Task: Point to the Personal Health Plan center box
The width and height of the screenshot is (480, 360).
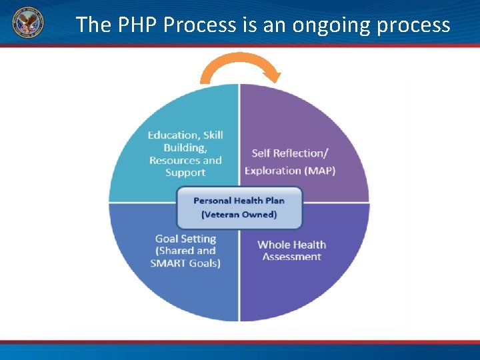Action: click(x=239, y=207)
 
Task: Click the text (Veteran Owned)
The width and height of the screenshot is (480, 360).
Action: click(x=239, y=215)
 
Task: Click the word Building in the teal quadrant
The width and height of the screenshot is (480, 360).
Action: click(x=185, y=148)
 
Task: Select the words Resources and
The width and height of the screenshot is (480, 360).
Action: click(x=185, y=160)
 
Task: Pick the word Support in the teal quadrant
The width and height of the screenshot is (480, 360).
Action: click(x=185, y=172)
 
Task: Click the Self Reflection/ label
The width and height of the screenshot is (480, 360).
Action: click(x=290, y=153)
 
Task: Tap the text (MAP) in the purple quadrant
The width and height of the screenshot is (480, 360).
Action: click(x=320, y=170)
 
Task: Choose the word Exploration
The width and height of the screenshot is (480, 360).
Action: click(x=273, y=170)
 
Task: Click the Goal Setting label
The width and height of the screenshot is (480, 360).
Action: click(x=185, y=238)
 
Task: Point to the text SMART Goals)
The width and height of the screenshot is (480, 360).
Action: click(x=185, y=262)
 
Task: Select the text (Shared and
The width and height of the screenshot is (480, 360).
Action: click(x=185, y=250)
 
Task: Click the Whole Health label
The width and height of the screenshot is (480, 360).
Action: click(x=291, y=245)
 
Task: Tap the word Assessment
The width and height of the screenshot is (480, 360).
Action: click(x=291, y=257)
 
